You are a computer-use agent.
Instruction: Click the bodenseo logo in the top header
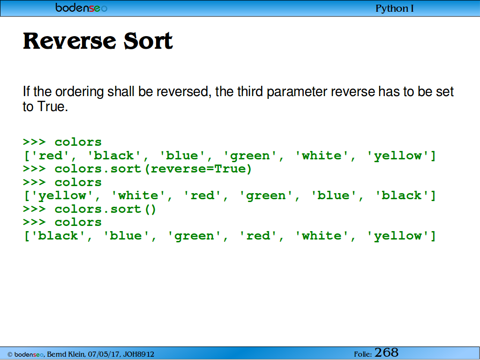[x=82, y=7]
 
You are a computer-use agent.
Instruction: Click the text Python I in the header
[x=394, y=8]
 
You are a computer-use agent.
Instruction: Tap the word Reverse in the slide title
[x=69, y=41]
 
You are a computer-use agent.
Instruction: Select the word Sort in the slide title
[x=148, y=41]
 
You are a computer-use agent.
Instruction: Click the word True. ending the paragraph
[x=52, y=106]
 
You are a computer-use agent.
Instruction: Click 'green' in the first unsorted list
[x=250, y=156]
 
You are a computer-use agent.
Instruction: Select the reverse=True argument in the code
[x=198, y=169]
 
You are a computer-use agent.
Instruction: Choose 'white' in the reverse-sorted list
[x=138, y=195]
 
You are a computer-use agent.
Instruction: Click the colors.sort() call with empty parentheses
[x=105, y=210]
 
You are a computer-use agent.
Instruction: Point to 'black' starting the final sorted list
[x=58, y=236]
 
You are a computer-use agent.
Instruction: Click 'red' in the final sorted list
[x=258, y=236]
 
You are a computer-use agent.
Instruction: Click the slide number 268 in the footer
[x=386, y=352]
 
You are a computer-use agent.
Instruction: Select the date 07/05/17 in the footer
[x=104, y=354]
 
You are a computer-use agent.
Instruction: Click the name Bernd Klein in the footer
[x=66, y=354]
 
